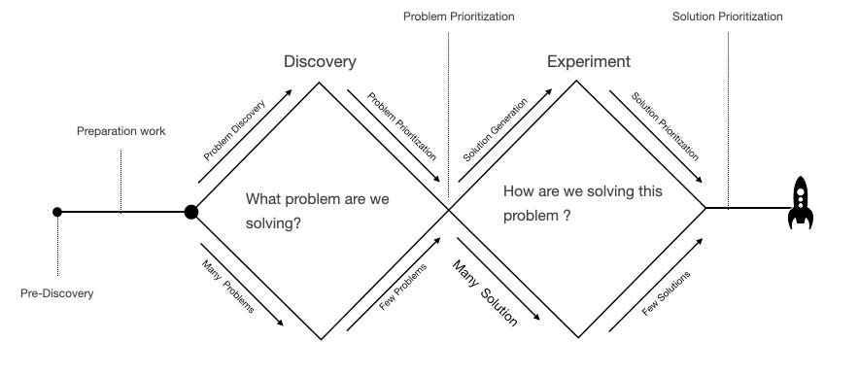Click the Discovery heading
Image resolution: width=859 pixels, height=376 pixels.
pos(320,62)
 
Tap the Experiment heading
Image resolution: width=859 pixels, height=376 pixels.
pos(588,62)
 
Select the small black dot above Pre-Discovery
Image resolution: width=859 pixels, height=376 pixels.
pos(57,211)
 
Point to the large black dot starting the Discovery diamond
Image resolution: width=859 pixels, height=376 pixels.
pos(191,211)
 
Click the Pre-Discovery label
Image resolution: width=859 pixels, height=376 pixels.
pos(57,292)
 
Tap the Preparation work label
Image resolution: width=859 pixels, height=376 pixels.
pos(121,131)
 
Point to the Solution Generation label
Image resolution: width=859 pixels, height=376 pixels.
pos(495,129)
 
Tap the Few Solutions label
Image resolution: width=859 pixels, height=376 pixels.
pos(667,292)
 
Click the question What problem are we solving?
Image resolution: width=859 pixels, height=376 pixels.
pos(317,211)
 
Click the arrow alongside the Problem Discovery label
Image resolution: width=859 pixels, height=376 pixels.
pos(245,136)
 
